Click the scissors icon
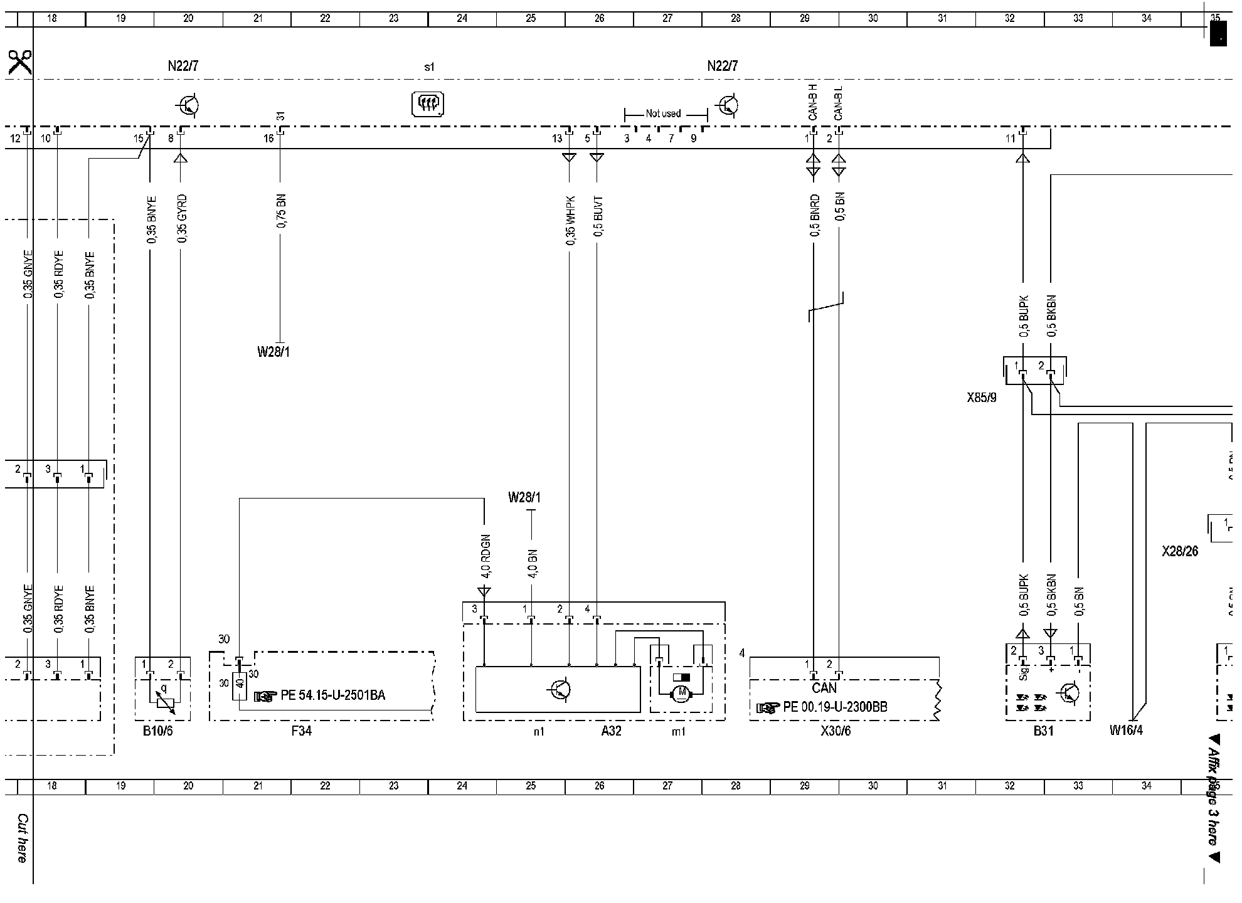tap(19, 62)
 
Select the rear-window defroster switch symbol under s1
tap(428, 104)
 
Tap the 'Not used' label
tap(663, 114)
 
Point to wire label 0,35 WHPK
tap(570, 220)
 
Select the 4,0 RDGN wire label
tap(485, 557)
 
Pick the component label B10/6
tap(157, 731)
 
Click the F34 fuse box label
tap(301, 731)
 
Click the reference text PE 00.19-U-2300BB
tap(835, 707)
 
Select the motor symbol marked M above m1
tap(681, 692)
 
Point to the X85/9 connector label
tap(981, 398)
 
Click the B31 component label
tap(1044, 731)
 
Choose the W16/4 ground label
tap(1126, 731)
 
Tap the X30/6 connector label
tap(836, 731)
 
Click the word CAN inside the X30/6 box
tap(824, 689)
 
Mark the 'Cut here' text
tap(22, 838)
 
